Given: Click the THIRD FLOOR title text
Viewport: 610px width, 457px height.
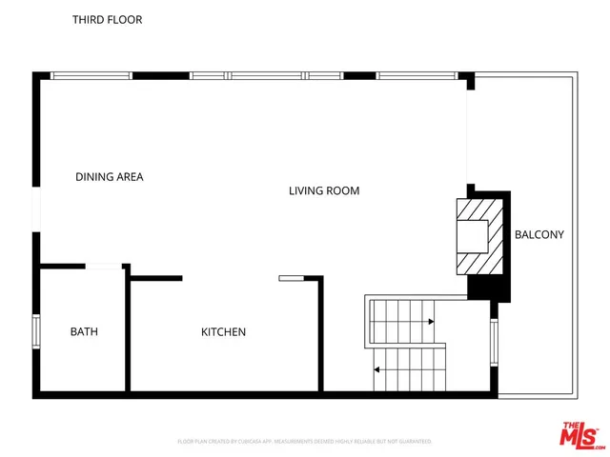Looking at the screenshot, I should pos(108,19).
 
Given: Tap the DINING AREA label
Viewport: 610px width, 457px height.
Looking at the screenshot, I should pos(110,176).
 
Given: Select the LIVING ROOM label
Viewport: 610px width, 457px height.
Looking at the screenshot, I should pos(324,190).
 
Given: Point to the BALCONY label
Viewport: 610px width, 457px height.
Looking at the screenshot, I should pos(539,234).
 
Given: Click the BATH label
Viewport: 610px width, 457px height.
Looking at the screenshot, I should pos(84,331).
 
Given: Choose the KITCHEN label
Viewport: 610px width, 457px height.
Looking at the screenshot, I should pos(223,331).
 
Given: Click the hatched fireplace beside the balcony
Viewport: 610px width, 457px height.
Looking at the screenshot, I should pos(474,235).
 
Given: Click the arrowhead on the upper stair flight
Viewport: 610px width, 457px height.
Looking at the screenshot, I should pos(432,322).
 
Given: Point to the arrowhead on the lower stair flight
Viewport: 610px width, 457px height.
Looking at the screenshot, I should pos(376,368).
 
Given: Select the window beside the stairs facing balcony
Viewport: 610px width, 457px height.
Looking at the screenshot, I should pos(493,341).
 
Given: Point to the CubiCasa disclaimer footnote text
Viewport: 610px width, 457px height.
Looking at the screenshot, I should pos(305,441).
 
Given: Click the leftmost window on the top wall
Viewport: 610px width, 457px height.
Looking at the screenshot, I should pos(91,75).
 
